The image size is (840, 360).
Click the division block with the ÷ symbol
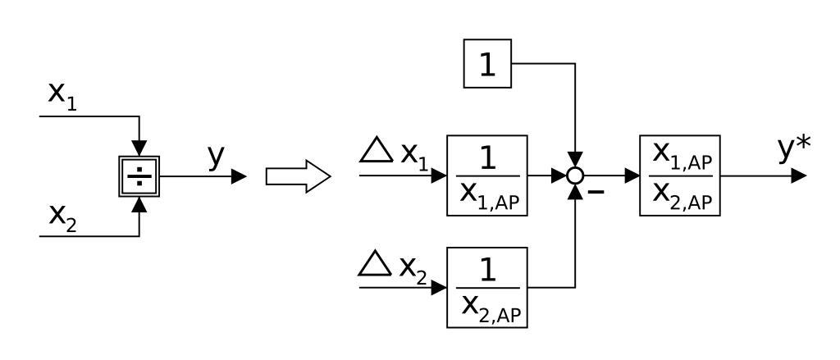(139, 176)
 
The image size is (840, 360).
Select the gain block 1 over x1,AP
(486, 175)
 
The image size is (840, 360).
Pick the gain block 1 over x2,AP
(486, 287)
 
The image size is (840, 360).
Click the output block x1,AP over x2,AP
(679, 175)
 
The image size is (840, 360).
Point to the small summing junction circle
(577, 175)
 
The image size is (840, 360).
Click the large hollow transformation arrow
(298, 176)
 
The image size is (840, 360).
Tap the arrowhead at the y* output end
(799, 175)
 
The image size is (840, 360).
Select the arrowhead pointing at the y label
(239, 176)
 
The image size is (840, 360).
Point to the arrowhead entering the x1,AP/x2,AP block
(632, 175)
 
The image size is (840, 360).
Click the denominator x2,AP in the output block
(679, 196)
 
